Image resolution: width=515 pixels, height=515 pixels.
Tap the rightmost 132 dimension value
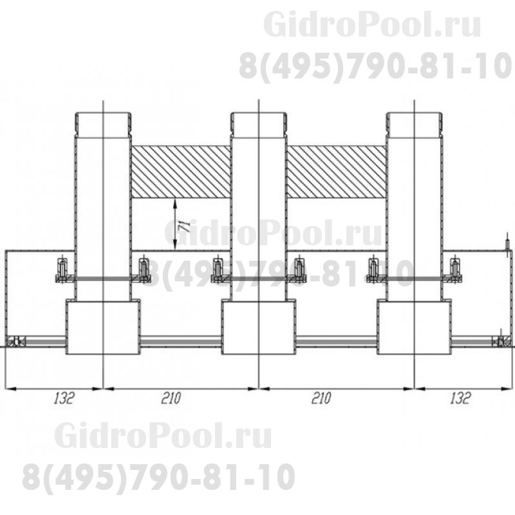click(x=459, y=398)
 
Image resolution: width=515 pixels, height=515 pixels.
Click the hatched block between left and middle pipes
click(x=181, y=171)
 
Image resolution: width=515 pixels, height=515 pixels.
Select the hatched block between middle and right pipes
click(x=336, y=171)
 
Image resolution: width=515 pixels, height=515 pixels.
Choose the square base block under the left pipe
click(x=103, y=327)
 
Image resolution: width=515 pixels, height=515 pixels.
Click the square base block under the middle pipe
click(x=258, y=327)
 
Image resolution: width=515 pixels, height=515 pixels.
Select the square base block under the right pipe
click(x=414, y=327)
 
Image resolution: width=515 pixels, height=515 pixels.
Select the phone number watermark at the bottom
click(x=159, y=477)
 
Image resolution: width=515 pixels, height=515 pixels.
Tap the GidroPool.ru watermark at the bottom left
click(x=163, y=436)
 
